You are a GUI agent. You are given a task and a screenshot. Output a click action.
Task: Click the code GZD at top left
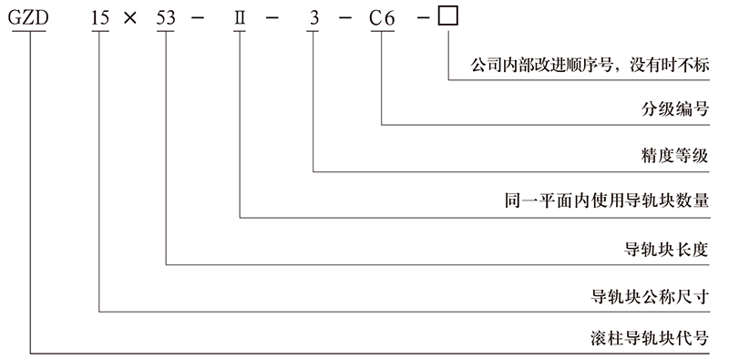tap(32, 18)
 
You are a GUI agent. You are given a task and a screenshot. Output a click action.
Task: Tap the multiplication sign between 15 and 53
tap(132, 18)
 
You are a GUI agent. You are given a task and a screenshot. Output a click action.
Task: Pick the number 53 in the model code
tap(167, 18)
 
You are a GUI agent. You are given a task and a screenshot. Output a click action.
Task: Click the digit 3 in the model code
tap(313, 18)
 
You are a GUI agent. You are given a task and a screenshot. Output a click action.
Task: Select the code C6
tap(382, 18)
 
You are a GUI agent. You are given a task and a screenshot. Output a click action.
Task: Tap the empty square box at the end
tap(449, 17)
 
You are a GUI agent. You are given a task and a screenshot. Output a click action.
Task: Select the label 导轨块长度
tap(663, 249)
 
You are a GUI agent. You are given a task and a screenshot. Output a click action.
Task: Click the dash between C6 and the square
tap(419, 18)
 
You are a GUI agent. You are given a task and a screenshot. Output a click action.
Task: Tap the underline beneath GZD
tap(31, 33)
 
